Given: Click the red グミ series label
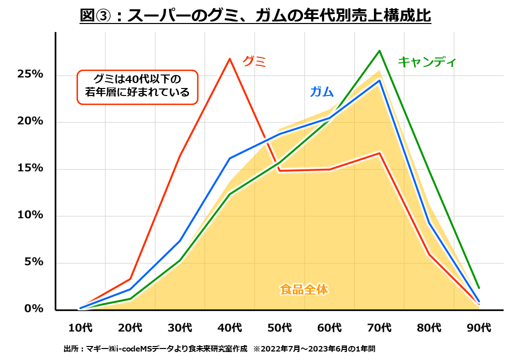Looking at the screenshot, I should pyautogui.click(x=254, y=61).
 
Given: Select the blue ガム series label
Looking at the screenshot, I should pyautogui.click(x=321, y=92).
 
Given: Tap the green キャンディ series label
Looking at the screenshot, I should pyautogui.click(x=426, y=62).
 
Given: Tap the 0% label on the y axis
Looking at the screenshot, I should pyautogui.click(x=33, y=309).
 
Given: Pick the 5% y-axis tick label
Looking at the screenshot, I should pyautogui.click(x=33, y=262).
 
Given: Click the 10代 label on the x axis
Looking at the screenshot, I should pyautogui.click(x=80, y=328).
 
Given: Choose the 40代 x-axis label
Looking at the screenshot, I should pyautogui.click(x=229, y=328).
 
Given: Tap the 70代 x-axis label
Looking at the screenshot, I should pyautogui.click(x=379, y=328).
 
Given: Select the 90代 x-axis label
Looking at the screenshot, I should pyautogui.click(x=479, y=328).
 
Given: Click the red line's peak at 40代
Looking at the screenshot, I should pyautogui.click(x=229, y=59).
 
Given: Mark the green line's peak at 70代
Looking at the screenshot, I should pyautogui.click(x=379, y=50).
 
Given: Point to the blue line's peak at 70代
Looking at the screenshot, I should pyautogui.click(x=379, y=80).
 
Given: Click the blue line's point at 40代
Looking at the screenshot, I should pyautogui.click(x=229, y=158).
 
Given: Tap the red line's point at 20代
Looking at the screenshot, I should pyautogui.click(x=130, y=278).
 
